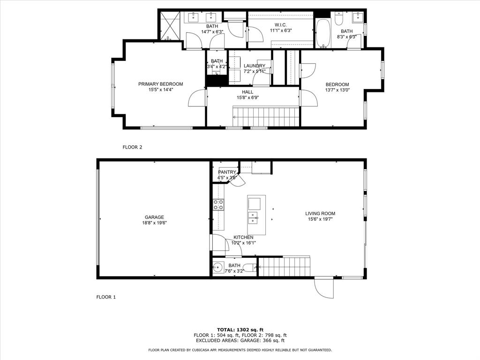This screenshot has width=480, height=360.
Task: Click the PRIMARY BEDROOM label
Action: [x=161, y=84]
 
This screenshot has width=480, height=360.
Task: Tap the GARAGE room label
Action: [x=154, y=217]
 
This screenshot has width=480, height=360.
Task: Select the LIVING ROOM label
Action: [x=320, y=214]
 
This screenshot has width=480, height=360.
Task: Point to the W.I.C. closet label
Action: [x=281, y=25]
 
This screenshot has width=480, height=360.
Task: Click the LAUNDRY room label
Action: [x=255, y=66]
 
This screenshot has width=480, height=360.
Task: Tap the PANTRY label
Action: [x=227, y=172]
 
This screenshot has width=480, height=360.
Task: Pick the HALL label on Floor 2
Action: [x=247, y=92]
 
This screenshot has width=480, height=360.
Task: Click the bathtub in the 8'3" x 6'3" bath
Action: [x=322, y=33]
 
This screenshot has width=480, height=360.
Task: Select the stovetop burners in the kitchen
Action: [x=218, y=205]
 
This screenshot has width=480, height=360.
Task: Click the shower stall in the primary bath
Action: [x=170, y=26]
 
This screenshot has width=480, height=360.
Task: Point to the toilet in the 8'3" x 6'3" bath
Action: [x=338, y=18]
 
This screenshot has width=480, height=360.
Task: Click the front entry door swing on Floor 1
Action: [x=324, y=288]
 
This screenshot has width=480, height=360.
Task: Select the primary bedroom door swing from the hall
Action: [x=197, y=97]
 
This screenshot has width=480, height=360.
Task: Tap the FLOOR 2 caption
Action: [x=132, y=147]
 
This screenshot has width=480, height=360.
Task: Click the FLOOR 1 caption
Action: [x=106, y=297]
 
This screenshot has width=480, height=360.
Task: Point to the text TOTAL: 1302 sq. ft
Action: [x=240, y=330]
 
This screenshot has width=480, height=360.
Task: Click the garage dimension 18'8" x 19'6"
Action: [x=154, y=223]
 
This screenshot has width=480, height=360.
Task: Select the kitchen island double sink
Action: [x=253, y=217]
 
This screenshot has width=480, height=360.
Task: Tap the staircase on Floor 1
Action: [x=285, y=267]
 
